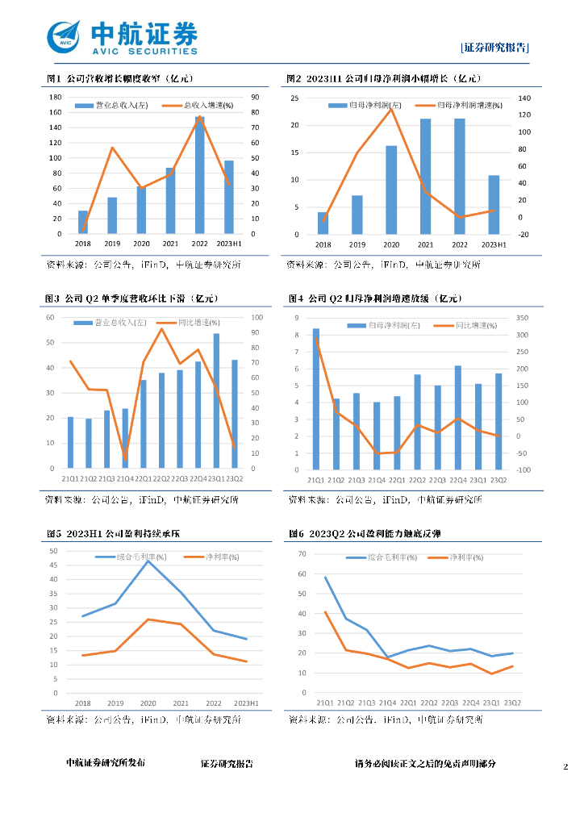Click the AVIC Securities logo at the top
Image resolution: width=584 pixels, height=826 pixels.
[x=121, y=38]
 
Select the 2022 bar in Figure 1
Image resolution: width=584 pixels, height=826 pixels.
[x=199, y=175]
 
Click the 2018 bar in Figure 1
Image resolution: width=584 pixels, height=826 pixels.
[x=83, y=222]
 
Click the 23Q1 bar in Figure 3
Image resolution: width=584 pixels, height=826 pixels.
[x=216, y=400]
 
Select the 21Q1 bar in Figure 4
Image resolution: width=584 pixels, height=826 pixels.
[x=316, y=398]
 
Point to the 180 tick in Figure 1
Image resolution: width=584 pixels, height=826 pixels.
[x=56, y=97]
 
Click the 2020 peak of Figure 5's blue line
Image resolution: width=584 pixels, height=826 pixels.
[x=148, y=561]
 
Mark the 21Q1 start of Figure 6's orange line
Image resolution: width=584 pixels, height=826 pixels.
[x=326, y=612]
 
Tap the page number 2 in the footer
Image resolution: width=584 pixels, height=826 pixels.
[x=565, y=764]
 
